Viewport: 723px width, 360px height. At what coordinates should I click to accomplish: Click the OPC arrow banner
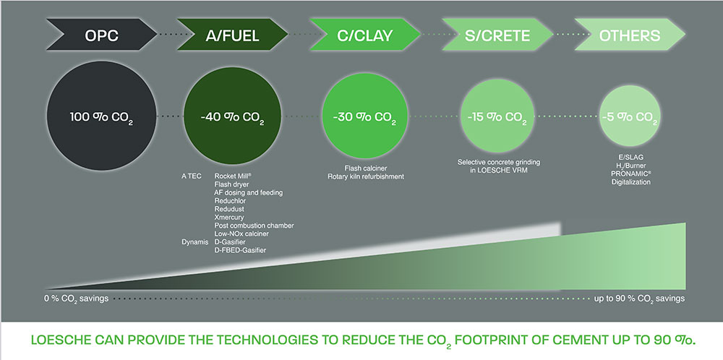pyautogui.click(x=101, y=35)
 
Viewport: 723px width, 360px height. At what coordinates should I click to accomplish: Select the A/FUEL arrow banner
pyautogui.click(x=233, y=35)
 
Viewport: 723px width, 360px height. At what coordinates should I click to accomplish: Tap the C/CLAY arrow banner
pyautogui.click(x=364, y=35)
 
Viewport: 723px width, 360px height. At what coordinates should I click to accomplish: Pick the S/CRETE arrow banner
pyautogui.click(x=497, y=35)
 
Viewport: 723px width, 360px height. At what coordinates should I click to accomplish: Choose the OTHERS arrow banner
pyautogui.click(x=630, y=35)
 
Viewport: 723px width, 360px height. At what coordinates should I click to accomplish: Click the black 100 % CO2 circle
pyautogui.click(x=101, y=116)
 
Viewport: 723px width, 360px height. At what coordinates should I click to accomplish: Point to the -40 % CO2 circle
pyautogui.click(x=233, y=116)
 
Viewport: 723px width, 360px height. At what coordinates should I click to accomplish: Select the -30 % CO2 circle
pyautogui.click(x=364, y=116)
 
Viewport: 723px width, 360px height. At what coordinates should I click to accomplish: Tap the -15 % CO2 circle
pyautogui.click(x=497, y=116)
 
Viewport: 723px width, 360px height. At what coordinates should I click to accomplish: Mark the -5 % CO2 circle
pyautogui.click(x=630, y=116)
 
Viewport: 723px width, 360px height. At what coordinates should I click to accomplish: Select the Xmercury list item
pyautogui.click(x=229, y=217)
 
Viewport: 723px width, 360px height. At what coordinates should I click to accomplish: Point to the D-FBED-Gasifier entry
pyautogui.click(x=240, y=250)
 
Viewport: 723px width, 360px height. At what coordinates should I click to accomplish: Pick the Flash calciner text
pyautogui.click(x=364, y=168)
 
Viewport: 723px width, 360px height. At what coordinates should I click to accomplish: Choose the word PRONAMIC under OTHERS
pyautogui.click(x=630, y=173)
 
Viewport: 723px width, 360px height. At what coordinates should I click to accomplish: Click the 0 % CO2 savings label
pyautogui.click(x=77, y=299)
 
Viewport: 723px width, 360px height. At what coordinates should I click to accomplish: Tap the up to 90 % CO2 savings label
pyautogui.click(x=639, y=299)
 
